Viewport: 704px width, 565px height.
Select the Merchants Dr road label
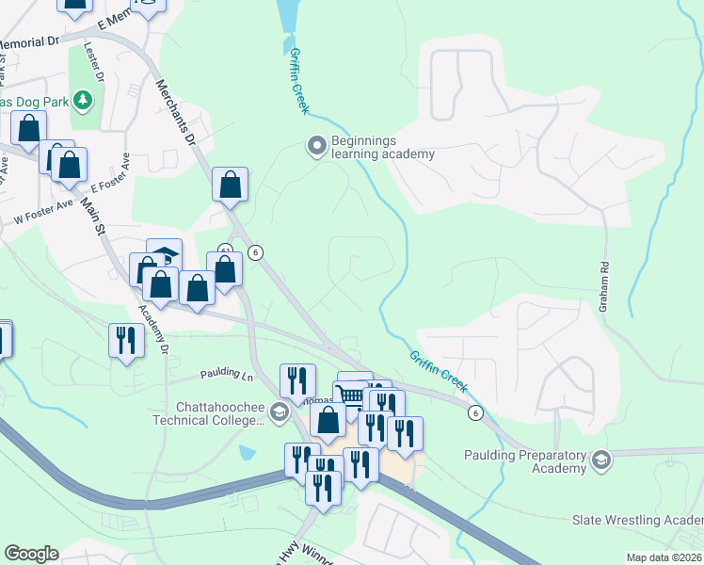[x=175, y=110]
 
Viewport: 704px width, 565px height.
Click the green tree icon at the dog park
[x=84, y=99]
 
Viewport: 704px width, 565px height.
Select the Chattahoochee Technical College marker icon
[x=279, y=412]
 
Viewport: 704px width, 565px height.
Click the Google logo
[x=31, y=553]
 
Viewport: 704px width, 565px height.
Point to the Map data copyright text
[x=664, y=557]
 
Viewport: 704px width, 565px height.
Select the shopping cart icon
[x=350, y=394]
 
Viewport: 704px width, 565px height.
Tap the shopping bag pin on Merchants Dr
[x=230, y=185]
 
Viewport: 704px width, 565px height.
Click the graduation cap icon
[x=167, y=254]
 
